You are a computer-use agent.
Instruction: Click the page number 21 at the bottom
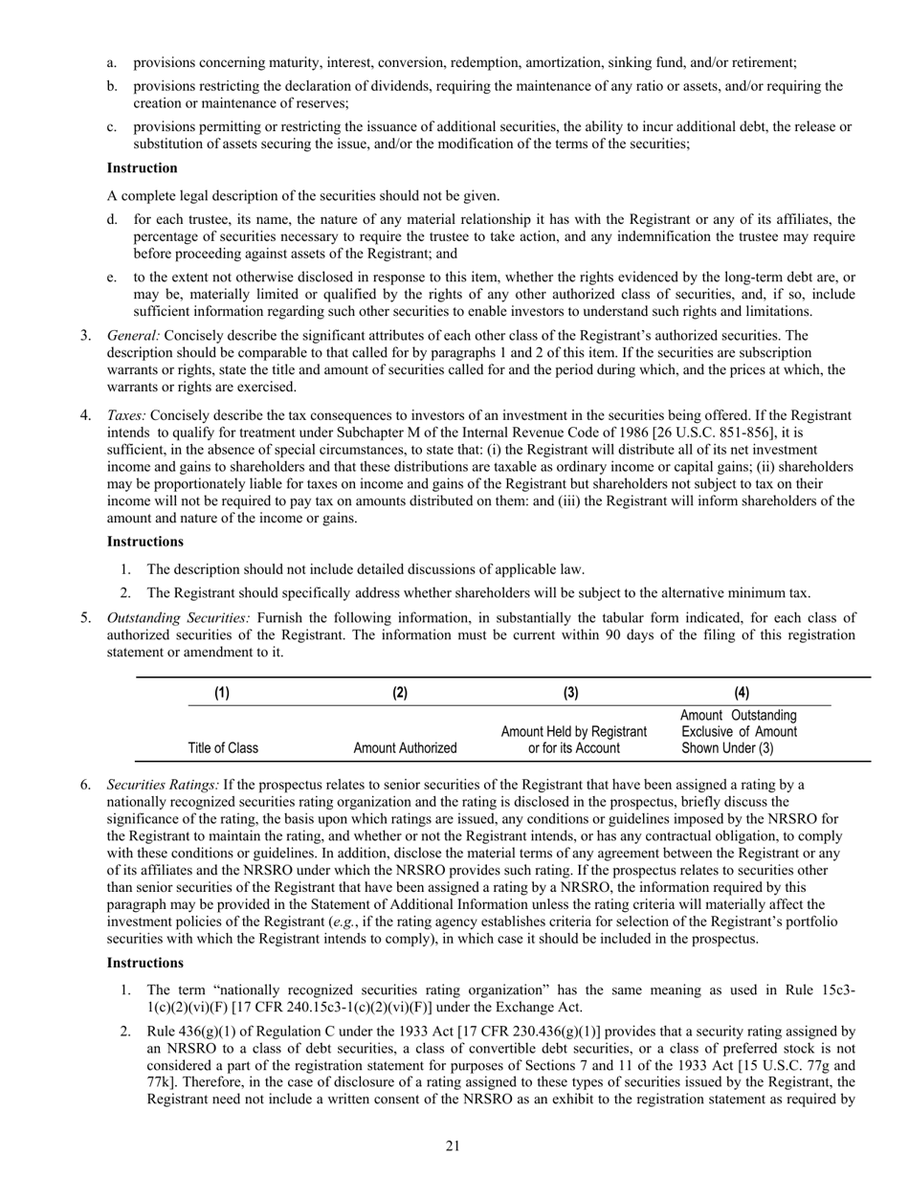coord(454,1146)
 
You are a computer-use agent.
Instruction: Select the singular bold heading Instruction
coord(142,168)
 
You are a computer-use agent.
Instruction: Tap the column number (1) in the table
coord(222,694)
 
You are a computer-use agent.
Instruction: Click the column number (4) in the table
coord(742,694)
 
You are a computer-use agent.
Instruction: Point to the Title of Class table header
coord(223,748)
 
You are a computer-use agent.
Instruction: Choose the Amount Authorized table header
coord(406,748)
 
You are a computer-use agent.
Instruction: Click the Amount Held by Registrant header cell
coord(574,740)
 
